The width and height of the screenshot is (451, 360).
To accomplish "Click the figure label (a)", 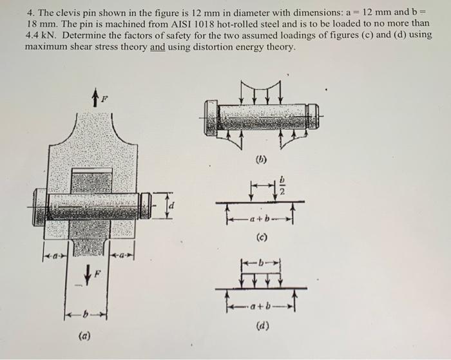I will tap(84, 335).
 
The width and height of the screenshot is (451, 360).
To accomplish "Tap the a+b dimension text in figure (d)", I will tap(261, 301).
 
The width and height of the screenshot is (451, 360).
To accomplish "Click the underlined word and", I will tap(158, 47).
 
